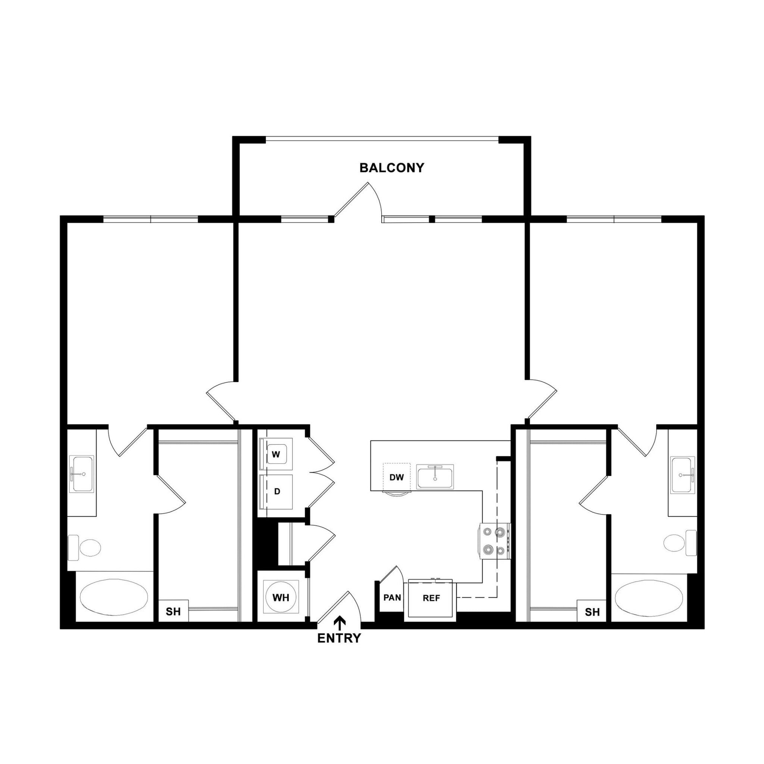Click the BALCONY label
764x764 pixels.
pyautogui.click(x=391, y=168)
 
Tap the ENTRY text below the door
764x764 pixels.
pyautogui.click(x=339, y=638)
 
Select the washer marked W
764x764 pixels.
pyautogui.click(x=276, y=454)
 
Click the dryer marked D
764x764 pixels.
pyautogui.click(x=277, y=492)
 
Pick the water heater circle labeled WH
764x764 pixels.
pyautogui.click(x=281, y=598)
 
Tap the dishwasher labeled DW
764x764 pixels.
pyautogui.click(x=397, y=477)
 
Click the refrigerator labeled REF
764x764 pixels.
pyautogui.click(x=431, y=598)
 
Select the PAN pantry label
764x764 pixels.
pyautogui.click(x=392, y=598)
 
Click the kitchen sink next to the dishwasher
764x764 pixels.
pyautogui.click(x=435, y=477)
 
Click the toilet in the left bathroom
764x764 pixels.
pyautogui.click(x=85, y=548)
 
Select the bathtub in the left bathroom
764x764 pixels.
pyautogui.click(x=114, y=597)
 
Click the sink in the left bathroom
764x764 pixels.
pyautogui.click(x=81, y=474)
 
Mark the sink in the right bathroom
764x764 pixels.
pyautogui.click(x=683, y=475)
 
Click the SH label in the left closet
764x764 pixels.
pyautogui.click(x=173, y=612)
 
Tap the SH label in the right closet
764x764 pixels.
pyautogui.click(x=592, y=612)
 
